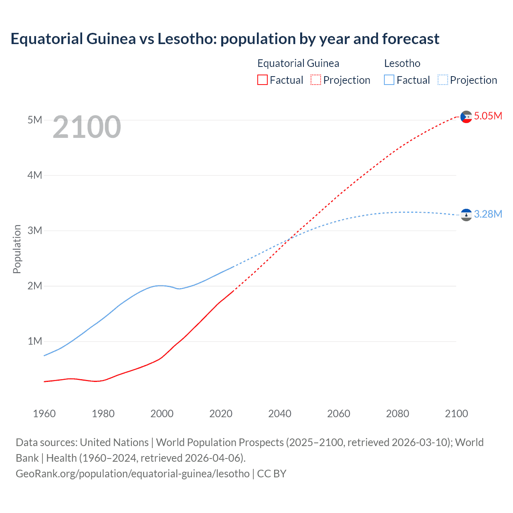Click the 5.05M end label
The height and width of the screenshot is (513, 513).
488,116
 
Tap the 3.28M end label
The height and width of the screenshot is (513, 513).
488,214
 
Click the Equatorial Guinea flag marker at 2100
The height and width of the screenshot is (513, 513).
466,117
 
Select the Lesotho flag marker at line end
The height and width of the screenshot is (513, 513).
466,215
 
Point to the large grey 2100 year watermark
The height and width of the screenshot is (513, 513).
87,127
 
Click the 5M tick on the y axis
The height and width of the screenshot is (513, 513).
35,120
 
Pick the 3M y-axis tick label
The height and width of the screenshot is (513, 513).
35,230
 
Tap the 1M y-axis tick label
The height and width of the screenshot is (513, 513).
35,341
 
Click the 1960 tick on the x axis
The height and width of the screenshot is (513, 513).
44,414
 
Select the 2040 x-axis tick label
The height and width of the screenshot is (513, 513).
280,414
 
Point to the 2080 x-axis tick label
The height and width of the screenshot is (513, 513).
398,414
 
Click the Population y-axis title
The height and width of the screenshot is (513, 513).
17,249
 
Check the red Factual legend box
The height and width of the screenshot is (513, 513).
263,80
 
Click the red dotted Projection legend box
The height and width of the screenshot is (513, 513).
316,80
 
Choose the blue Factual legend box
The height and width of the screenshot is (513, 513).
389,80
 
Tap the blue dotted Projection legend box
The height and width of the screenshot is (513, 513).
443,80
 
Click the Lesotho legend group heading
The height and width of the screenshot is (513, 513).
402,63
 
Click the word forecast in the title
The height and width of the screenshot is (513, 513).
411,39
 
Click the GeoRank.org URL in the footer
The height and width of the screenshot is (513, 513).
133,474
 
